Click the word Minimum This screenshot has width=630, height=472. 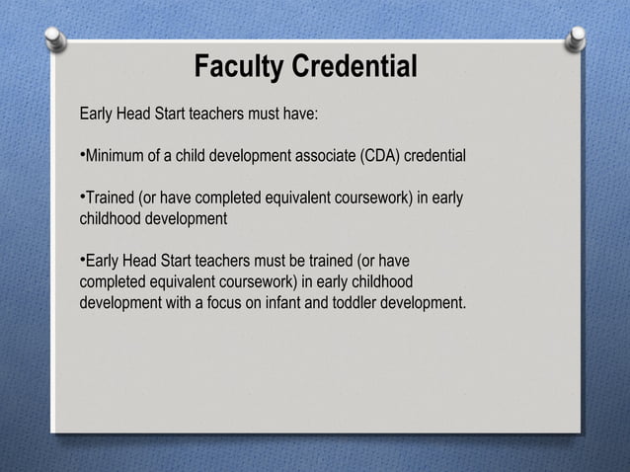pos(116,157)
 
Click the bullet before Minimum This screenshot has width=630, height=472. pos(82,156)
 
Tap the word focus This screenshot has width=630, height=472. pos(233,301)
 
